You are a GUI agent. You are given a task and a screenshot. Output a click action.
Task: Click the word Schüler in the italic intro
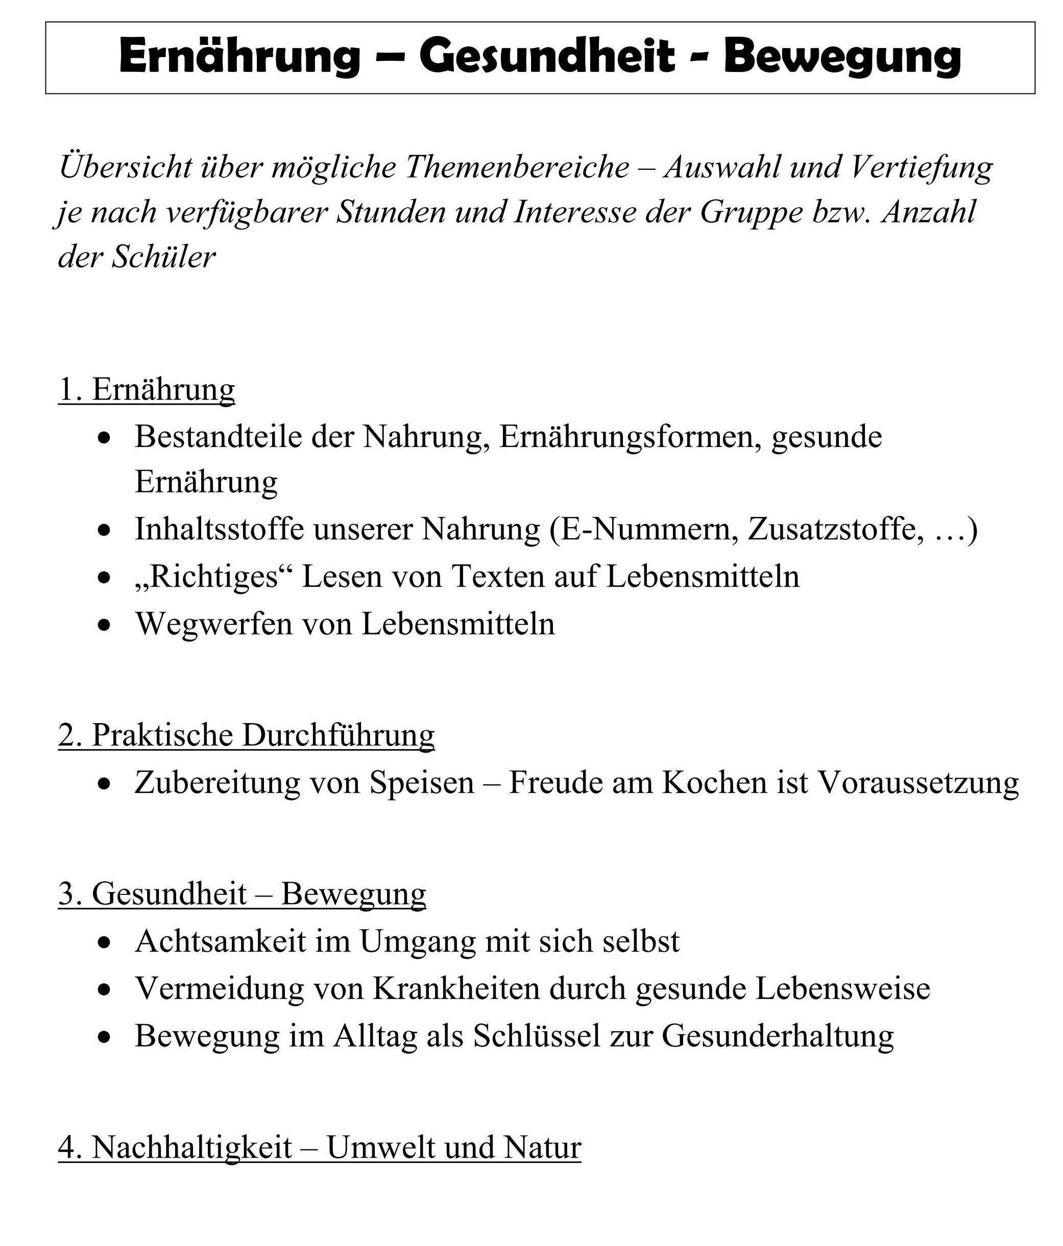point(163,257)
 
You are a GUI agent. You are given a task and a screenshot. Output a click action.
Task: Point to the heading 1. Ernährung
point(146,389)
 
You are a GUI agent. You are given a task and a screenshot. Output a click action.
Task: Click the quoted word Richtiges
point(213,576)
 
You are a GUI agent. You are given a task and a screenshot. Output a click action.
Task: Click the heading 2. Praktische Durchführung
point(246,735)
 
